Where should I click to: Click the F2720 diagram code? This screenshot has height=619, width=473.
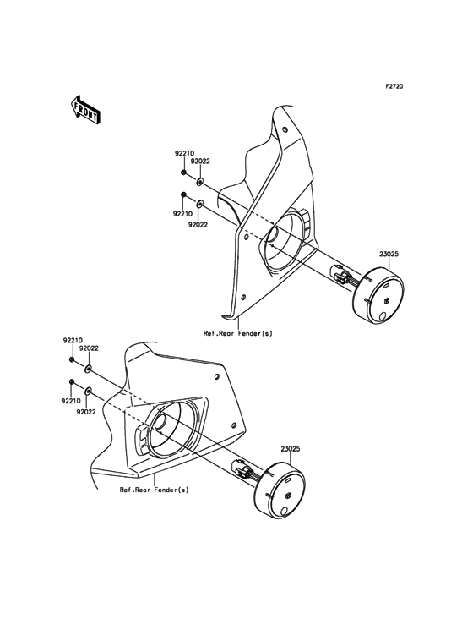pyautogui.click(x=394, y=86)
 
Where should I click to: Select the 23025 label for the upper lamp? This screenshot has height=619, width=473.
pyautogui.click(x=389, y=255)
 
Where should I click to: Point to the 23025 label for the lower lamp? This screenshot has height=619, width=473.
pyautogui.click(x=291, y=449)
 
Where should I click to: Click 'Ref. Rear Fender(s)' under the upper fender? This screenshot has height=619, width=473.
pyautogui.click(x=237, y=333)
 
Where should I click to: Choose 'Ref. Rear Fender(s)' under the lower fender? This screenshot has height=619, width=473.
pyautogui.click(x=154, y=490)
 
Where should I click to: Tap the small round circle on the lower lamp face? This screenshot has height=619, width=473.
pyautogui.click(x=285, y=512)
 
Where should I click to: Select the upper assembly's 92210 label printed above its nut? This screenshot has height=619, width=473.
pyautogui.click(x=184, y=154)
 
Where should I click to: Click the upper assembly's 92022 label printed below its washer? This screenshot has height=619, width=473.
pyautogui.click(x=198, y=225)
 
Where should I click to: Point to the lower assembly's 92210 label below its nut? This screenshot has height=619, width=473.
pyautogui.click(x=71, y=401)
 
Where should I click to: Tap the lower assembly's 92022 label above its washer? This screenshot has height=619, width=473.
pyautogui.click(x=89, y=348)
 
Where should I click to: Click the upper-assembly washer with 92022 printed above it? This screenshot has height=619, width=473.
pyautogui.click(x=200, y=182)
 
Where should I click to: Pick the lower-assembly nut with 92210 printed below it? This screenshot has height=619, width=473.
pyautogui.click(x=72, y=381)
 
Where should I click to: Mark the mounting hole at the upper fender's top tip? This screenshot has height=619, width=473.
pyautogui.click(x=285, y=129)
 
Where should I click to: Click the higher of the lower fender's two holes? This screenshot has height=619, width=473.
pyautogui.click(x=216, y=377)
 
